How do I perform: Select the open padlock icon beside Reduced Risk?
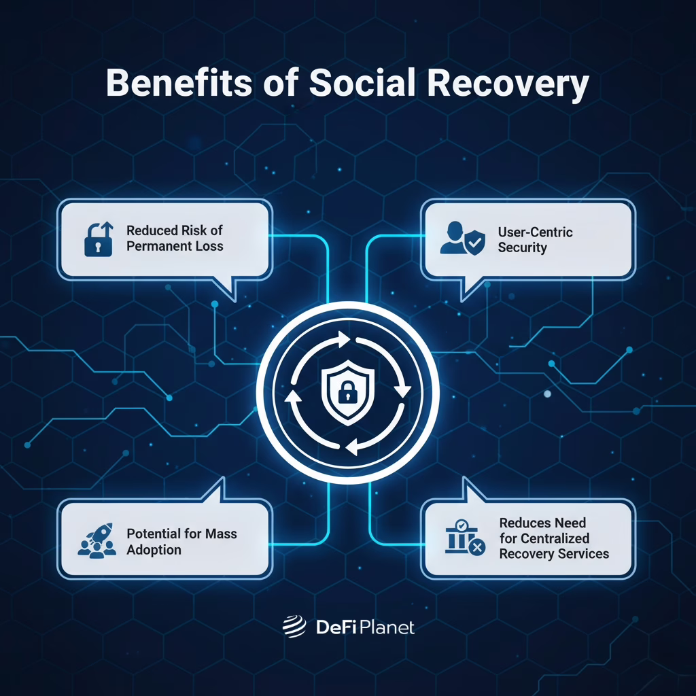99,239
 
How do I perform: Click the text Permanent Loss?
175,246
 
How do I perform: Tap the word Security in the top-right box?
522,247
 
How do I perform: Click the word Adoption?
154,549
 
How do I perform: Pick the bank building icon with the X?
466,538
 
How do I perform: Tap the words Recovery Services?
554,553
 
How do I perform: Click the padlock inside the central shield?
347,390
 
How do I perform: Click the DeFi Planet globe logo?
294,627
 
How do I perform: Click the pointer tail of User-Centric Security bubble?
468,288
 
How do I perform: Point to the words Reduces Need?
542,523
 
